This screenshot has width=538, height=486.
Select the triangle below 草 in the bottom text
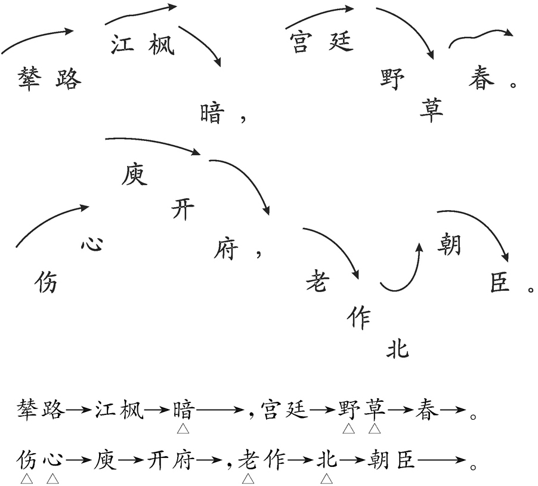[x=375, y=429]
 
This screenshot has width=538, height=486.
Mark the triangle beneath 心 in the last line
[x=53, y=478]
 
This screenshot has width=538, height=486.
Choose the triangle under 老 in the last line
[x=248, y=478]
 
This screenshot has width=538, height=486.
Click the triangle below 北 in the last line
[x=327, y=478]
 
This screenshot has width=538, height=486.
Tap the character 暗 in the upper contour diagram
[x=212, y=112]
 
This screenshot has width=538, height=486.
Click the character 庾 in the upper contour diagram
[x=134, y=175]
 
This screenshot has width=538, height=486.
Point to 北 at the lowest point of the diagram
[x=398, y=348]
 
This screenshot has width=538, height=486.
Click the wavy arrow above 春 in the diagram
[x=480, y=37]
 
